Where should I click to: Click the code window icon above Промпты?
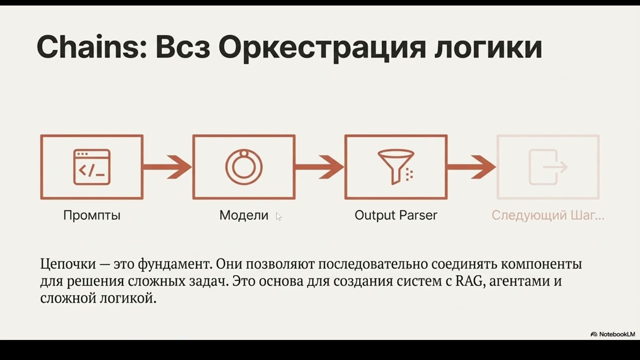coord(92,167)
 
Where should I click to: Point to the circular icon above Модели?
coord(244,167)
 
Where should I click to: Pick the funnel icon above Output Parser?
coord(395,166)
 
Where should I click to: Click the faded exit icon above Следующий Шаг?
coord(547,167)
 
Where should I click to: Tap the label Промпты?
coord(92,215)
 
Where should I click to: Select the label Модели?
coord(244,215)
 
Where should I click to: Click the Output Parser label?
coord(395,215)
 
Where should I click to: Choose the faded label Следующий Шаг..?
coord(547,215)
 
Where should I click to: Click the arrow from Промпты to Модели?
coord(168,167)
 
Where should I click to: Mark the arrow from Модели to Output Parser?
coord(320,167)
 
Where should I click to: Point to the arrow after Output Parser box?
coord(471,167)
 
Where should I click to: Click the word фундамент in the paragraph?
coord(171,264)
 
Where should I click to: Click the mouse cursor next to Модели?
coord(278,216)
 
